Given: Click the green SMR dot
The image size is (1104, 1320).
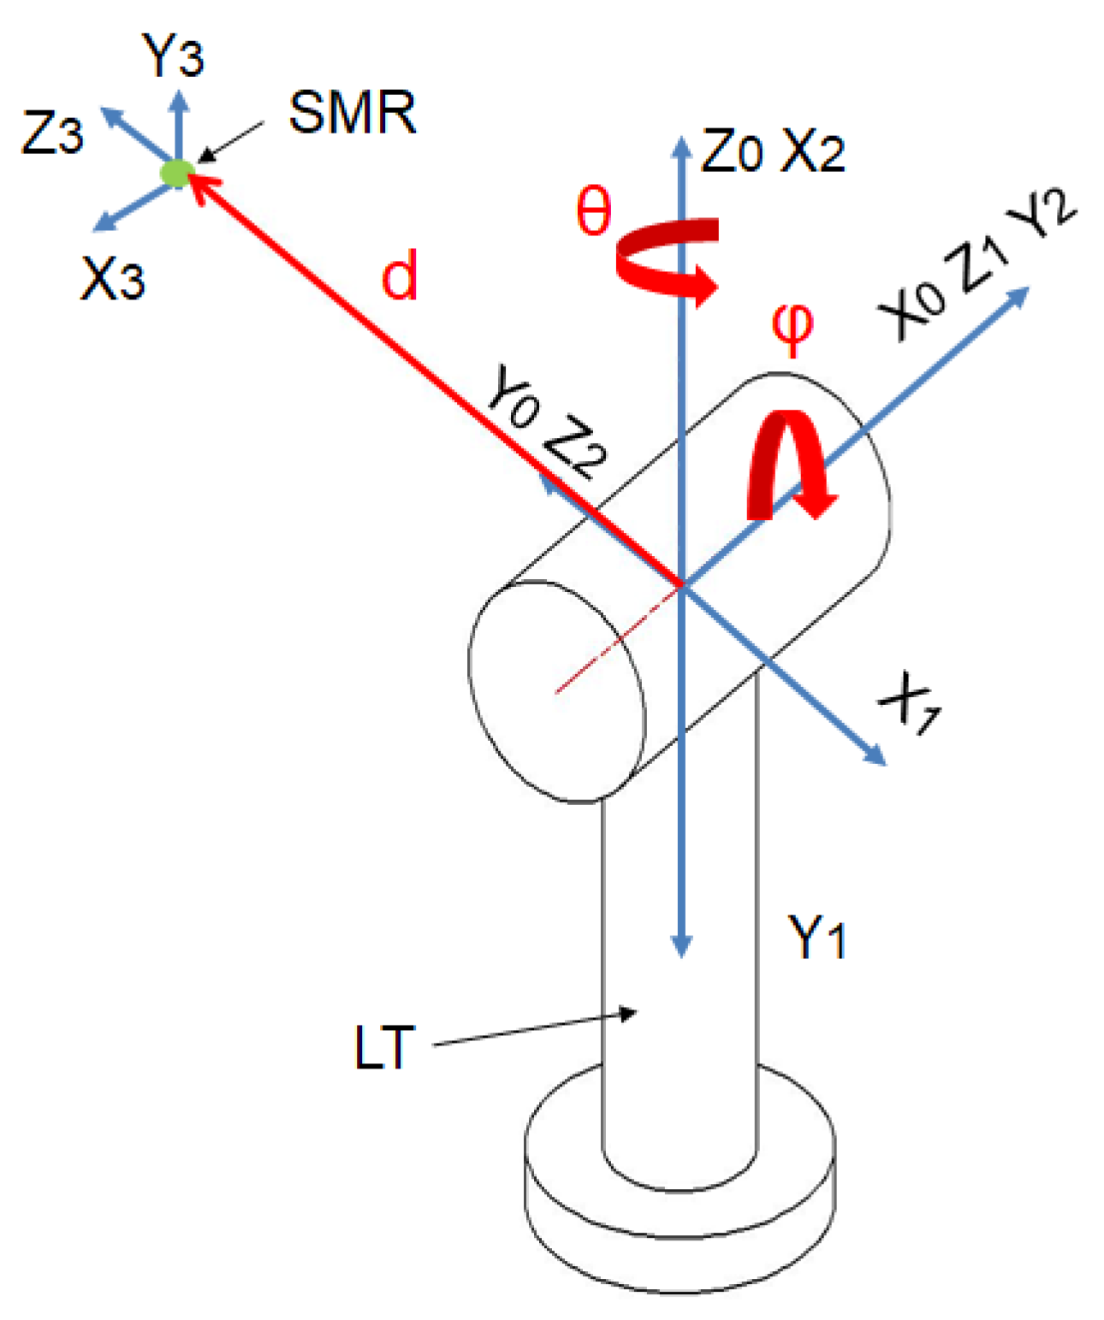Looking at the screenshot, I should [176, 173].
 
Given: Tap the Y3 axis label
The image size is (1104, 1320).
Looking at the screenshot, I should [174, 57].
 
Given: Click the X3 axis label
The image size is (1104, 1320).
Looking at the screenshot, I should [112, 278].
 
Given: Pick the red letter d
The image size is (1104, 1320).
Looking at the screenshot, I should [400, 275].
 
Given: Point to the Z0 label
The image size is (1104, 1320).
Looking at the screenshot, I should [732, 152].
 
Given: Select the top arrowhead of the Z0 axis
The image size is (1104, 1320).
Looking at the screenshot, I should [681, 145].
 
